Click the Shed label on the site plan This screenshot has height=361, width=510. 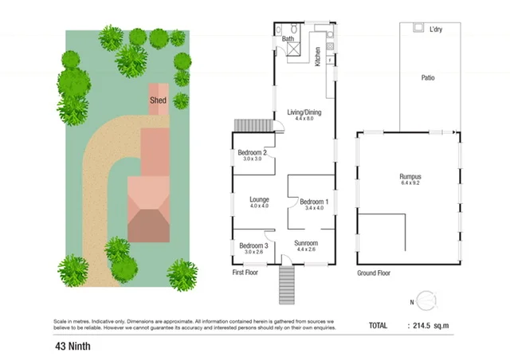(159, 100)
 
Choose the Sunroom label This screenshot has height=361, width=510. (306, 243)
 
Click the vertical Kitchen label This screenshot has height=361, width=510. (317, 56)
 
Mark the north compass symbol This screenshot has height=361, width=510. (426, 300)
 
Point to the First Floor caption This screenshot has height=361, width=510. (245, 273)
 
